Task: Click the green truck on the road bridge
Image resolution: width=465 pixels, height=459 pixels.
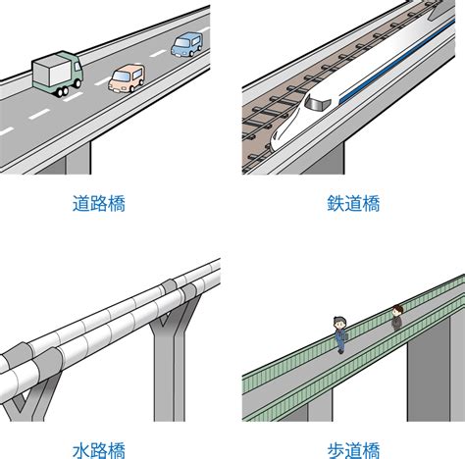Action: click(x=57, y=74)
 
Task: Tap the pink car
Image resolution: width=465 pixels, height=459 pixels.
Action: click(x=127, y=78)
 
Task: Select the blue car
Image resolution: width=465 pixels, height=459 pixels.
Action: click(x=187, y=44)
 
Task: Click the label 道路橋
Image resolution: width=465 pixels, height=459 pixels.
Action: click(x=99, y=204)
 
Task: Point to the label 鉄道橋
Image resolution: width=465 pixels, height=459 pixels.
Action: click(x=353, y=204)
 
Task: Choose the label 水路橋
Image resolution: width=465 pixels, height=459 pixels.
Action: click(x=99, y=450)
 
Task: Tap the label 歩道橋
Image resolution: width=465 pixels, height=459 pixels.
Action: click(x=353, y=450)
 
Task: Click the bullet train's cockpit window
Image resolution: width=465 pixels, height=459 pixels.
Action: click(x=318, y=103)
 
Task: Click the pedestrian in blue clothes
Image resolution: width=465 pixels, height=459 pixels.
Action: click(x=340, y=334)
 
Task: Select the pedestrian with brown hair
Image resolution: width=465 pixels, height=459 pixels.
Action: click(x=397, y=317)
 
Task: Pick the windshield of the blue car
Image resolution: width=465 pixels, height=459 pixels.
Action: click(x=181, y=42)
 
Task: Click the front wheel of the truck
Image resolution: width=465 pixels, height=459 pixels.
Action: click(x=63, y=91)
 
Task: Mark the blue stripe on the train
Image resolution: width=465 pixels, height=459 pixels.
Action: click(x=396, y=60)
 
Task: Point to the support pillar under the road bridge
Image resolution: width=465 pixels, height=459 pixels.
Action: click(x=77, y=158)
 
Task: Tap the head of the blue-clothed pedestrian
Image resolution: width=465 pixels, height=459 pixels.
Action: click(x=340, y=324)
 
